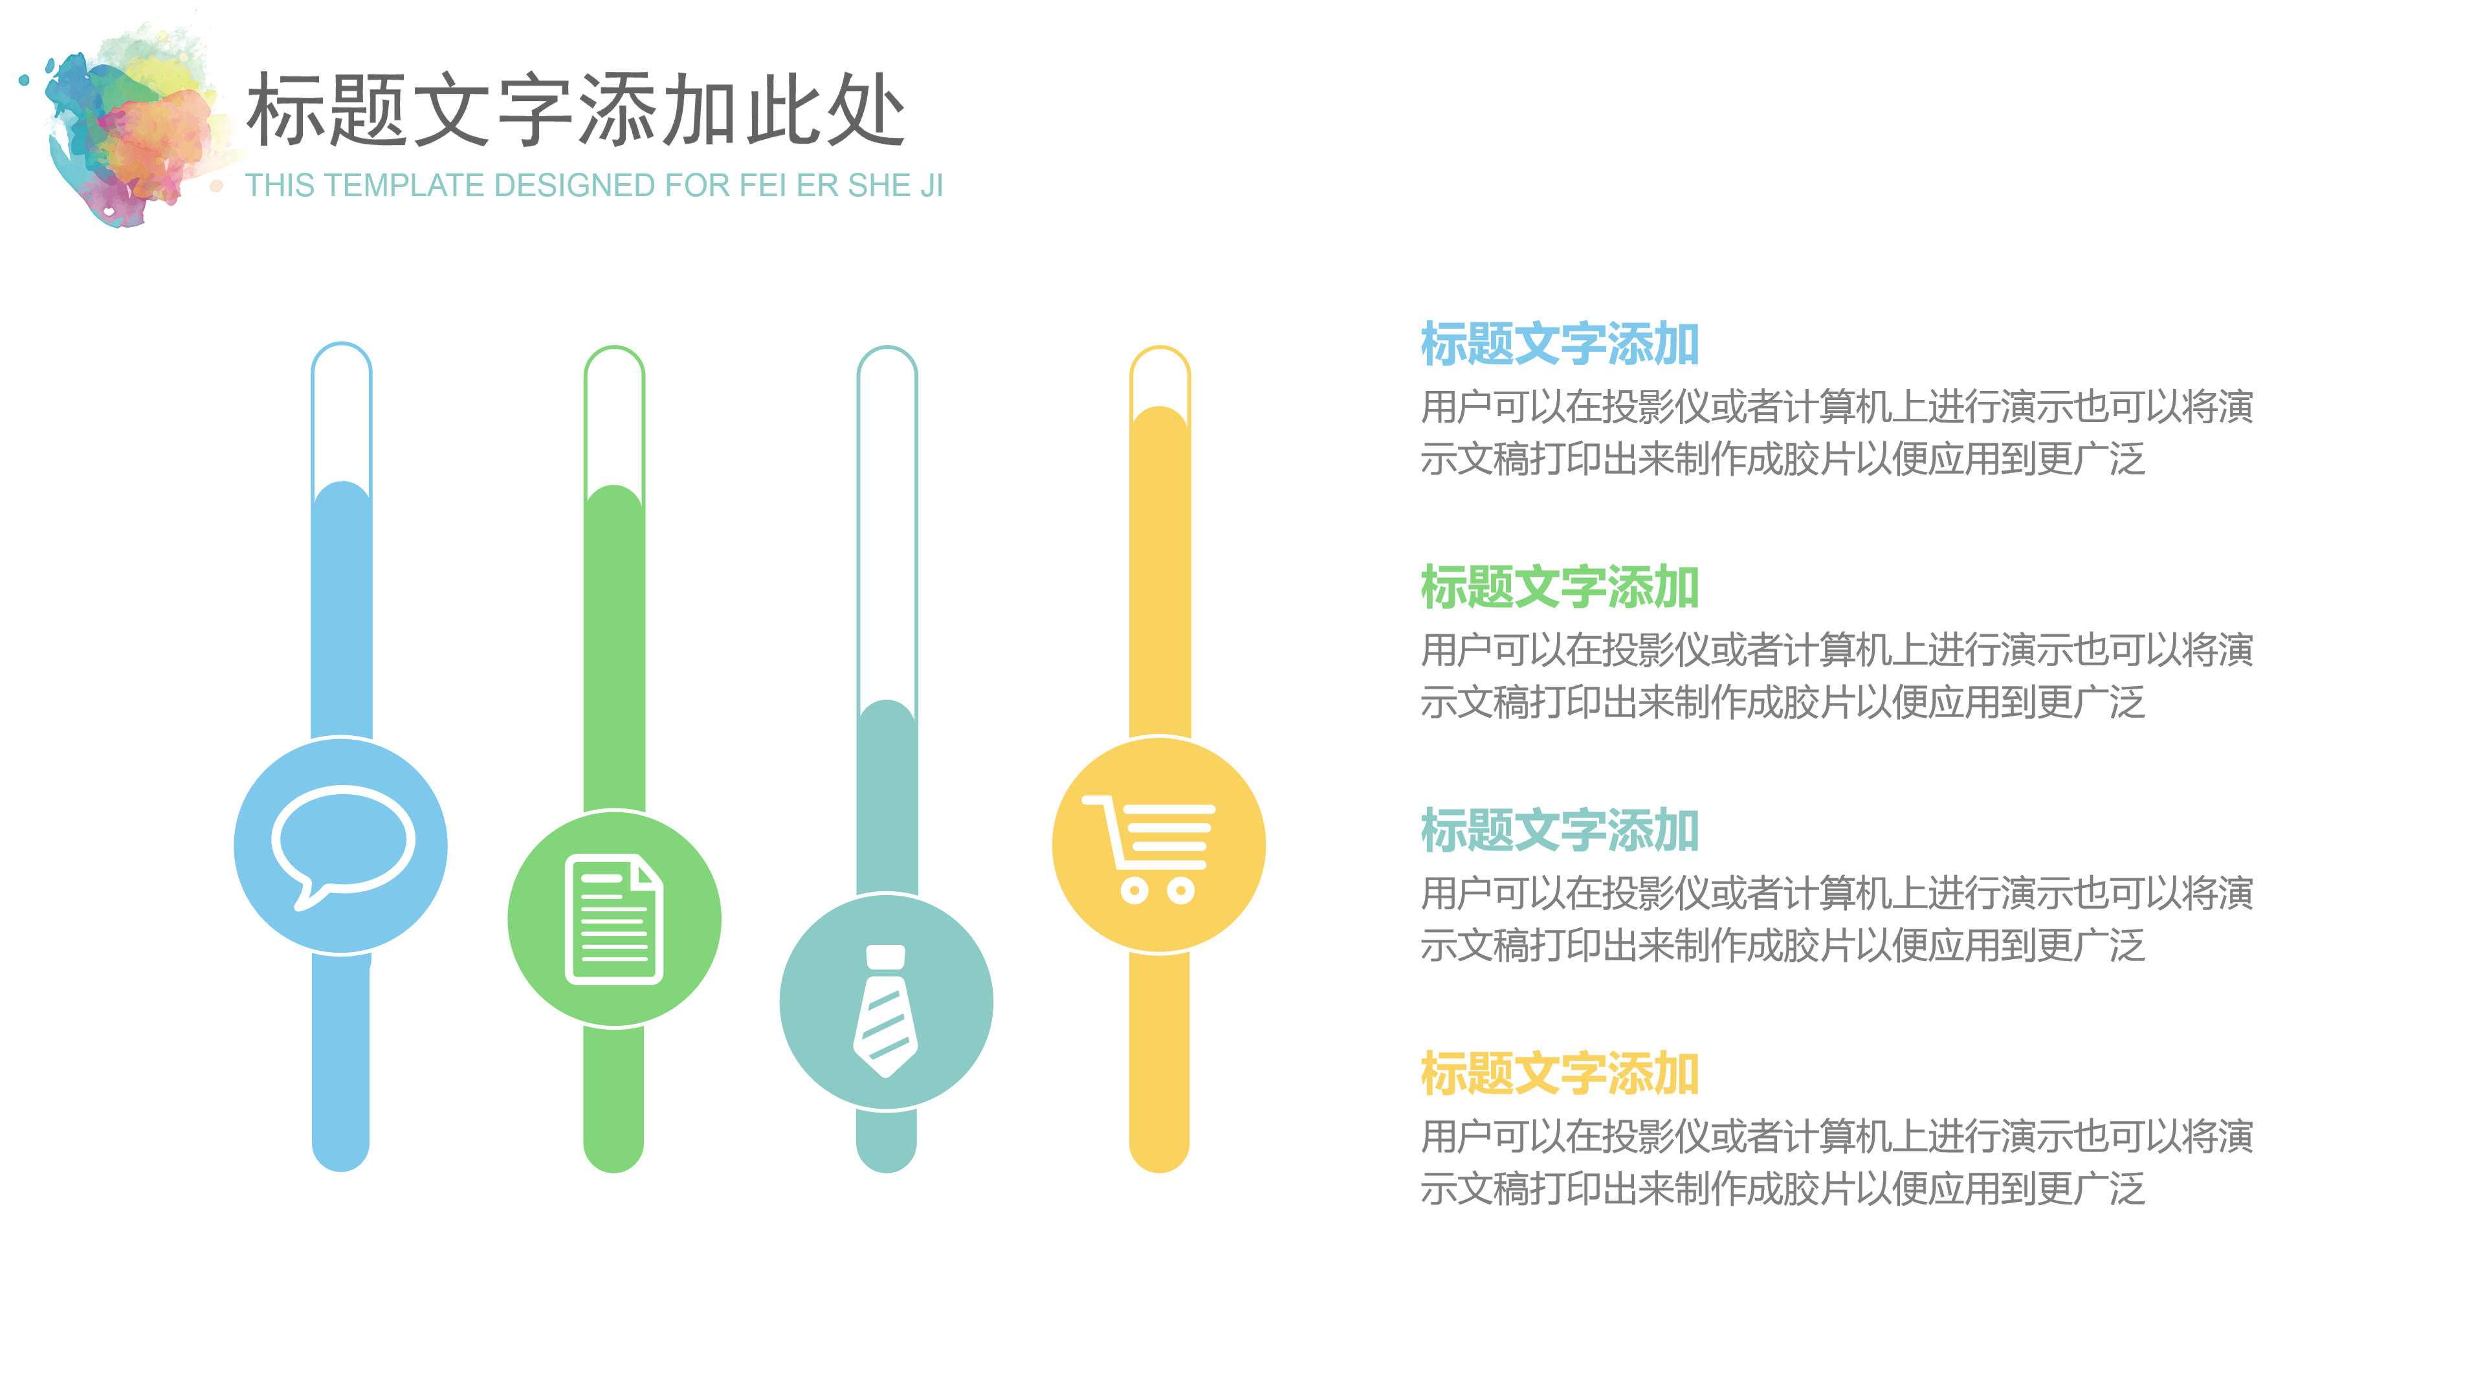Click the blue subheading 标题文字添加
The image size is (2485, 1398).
coord(1559,344)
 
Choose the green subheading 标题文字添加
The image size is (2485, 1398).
coord(1559,588)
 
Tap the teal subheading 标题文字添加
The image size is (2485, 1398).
coord(1559,830)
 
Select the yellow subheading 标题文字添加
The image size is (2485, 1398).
coord(1559,1074)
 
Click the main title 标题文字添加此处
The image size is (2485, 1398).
coord(576,110)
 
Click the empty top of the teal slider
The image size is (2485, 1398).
coord(887,521)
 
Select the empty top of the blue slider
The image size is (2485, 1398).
coord(342,410)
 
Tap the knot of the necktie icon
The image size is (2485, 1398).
coord(885,955)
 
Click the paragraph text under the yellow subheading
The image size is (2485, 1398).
coord(1836,1162)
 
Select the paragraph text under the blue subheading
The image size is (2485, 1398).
coord(1836,433)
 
